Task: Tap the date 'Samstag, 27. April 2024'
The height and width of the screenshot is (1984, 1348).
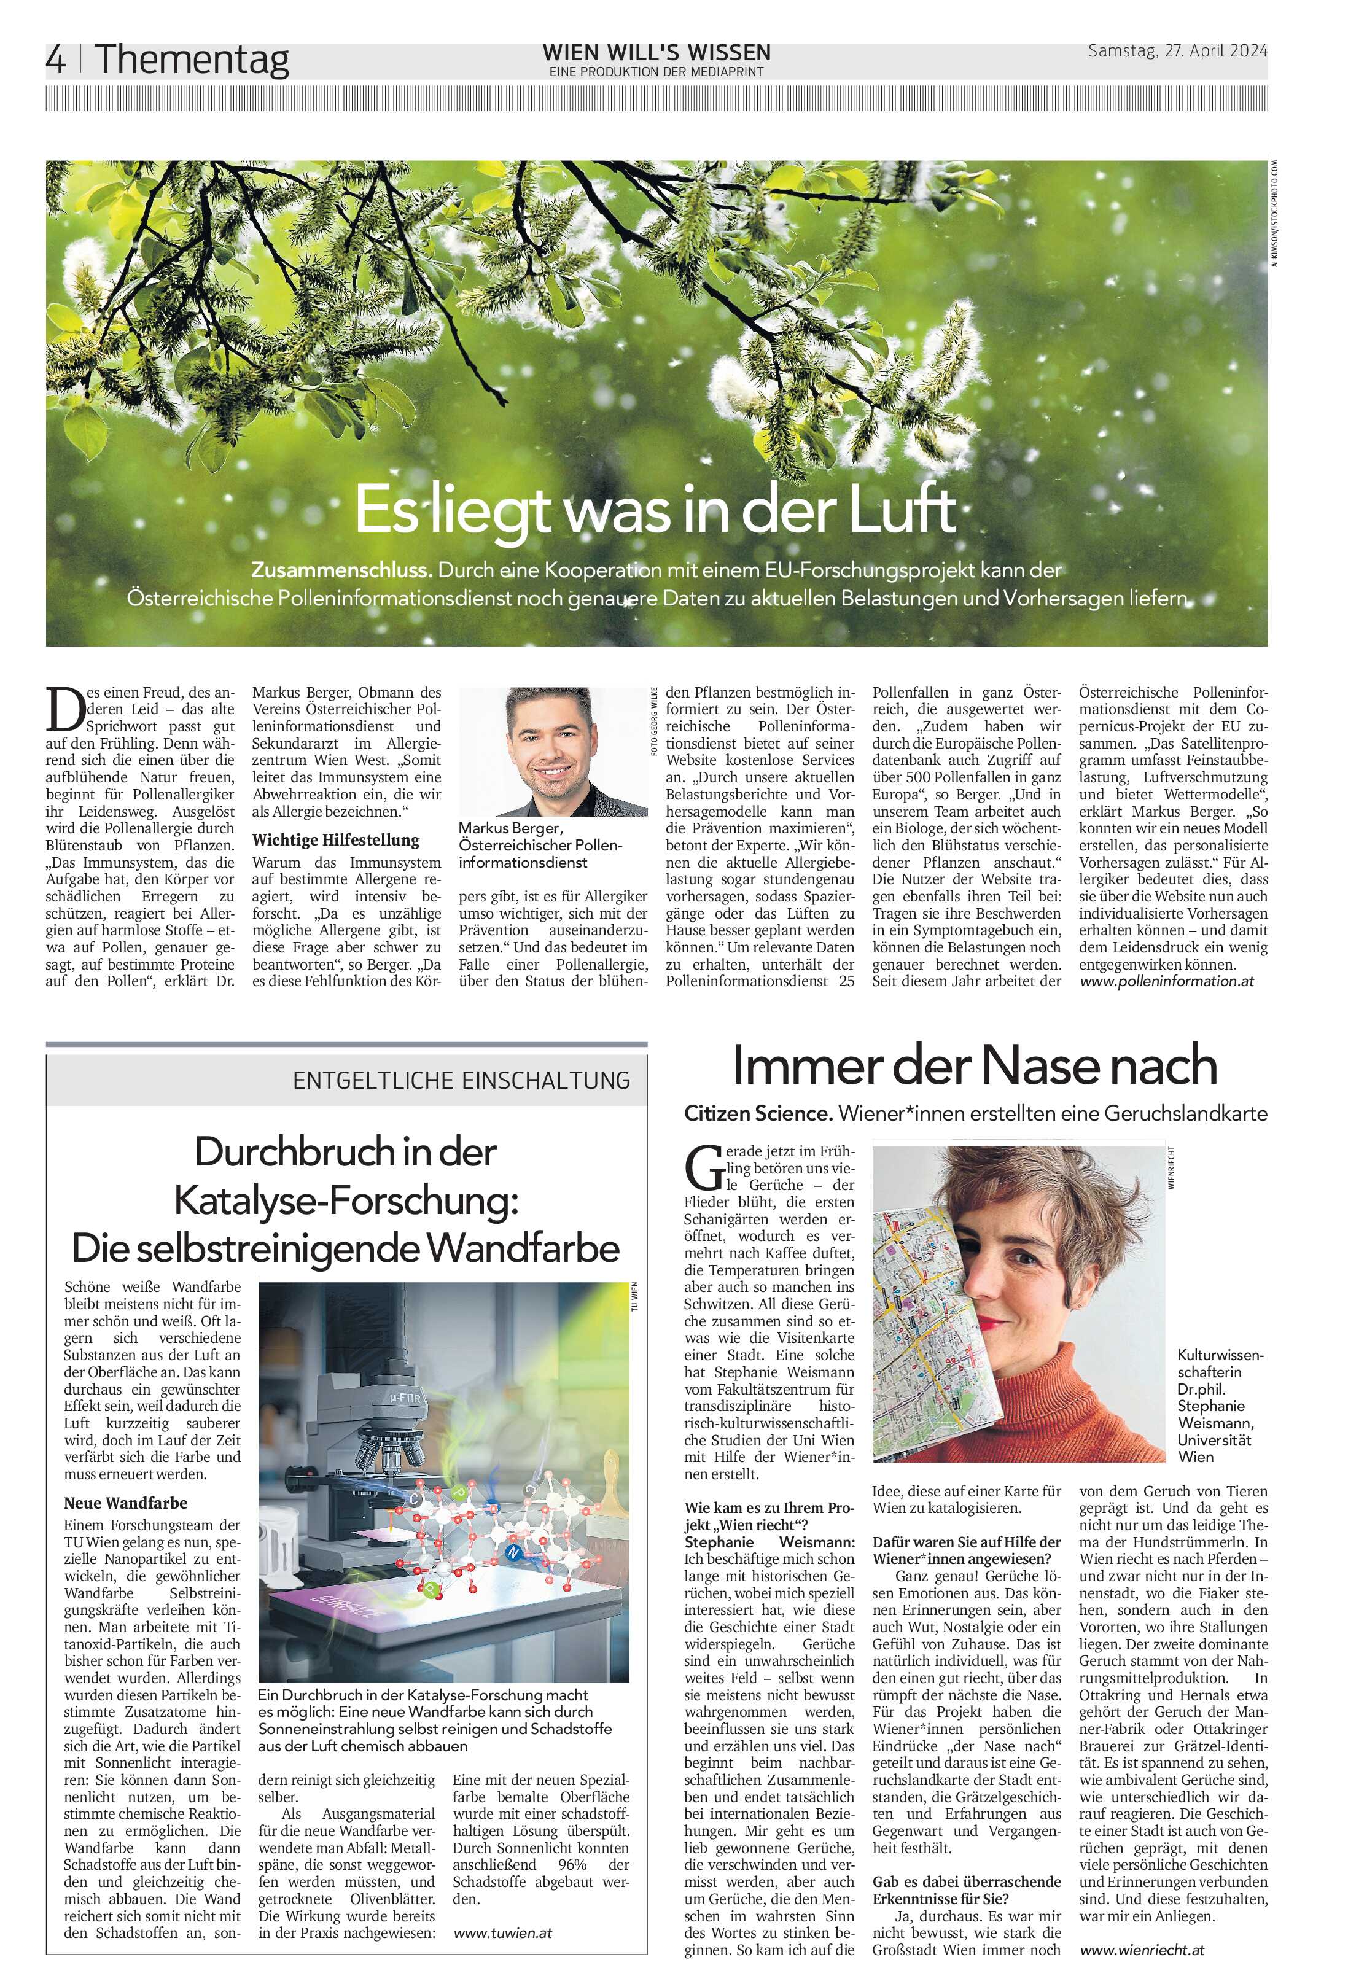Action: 1177,51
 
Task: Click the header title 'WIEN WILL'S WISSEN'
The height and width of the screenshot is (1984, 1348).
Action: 656,53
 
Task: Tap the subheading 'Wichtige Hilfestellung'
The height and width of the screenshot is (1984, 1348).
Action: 335,840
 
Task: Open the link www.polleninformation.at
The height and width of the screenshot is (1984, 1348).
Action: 1166,982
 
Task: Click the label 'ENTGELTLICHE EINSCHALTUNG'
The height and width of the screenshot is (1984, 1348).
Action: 461,1081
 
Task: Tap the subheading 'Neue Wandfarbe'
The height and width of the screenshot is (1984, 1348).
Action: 125,1503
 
